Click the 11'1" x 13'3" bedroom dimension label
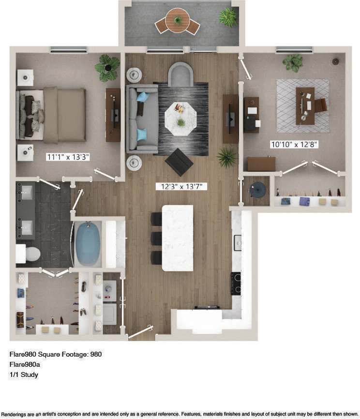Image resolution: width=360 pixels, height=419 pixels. [x=68, y=157]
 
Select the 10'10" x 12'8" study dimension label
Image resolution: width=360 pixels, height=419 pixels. [x=294, y=144]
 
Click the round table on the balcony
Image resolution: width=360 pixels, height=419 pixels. [x=177, y=20]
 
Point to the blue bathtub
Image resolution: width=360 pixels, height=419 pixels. [x=88, y=244]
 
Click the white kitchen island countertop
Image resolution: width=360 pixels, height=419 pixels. [x=177, y=238]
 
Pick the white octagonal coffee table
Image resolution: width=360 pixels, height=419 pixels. [x=180, y=117]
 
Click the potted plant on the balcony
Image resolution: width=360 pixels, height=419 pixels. [x=227, y=17]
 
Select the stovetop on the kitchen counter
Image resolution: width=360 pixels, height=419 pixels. [x=236, y=284]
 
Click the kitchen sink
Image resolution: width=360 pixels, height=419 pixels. [x=238, y=242]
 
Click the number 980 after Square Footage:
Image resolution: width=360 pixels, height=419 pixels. [x=95, y=354]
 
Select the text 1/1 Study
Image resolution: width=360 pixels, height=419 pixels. [x=24, y=374]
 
